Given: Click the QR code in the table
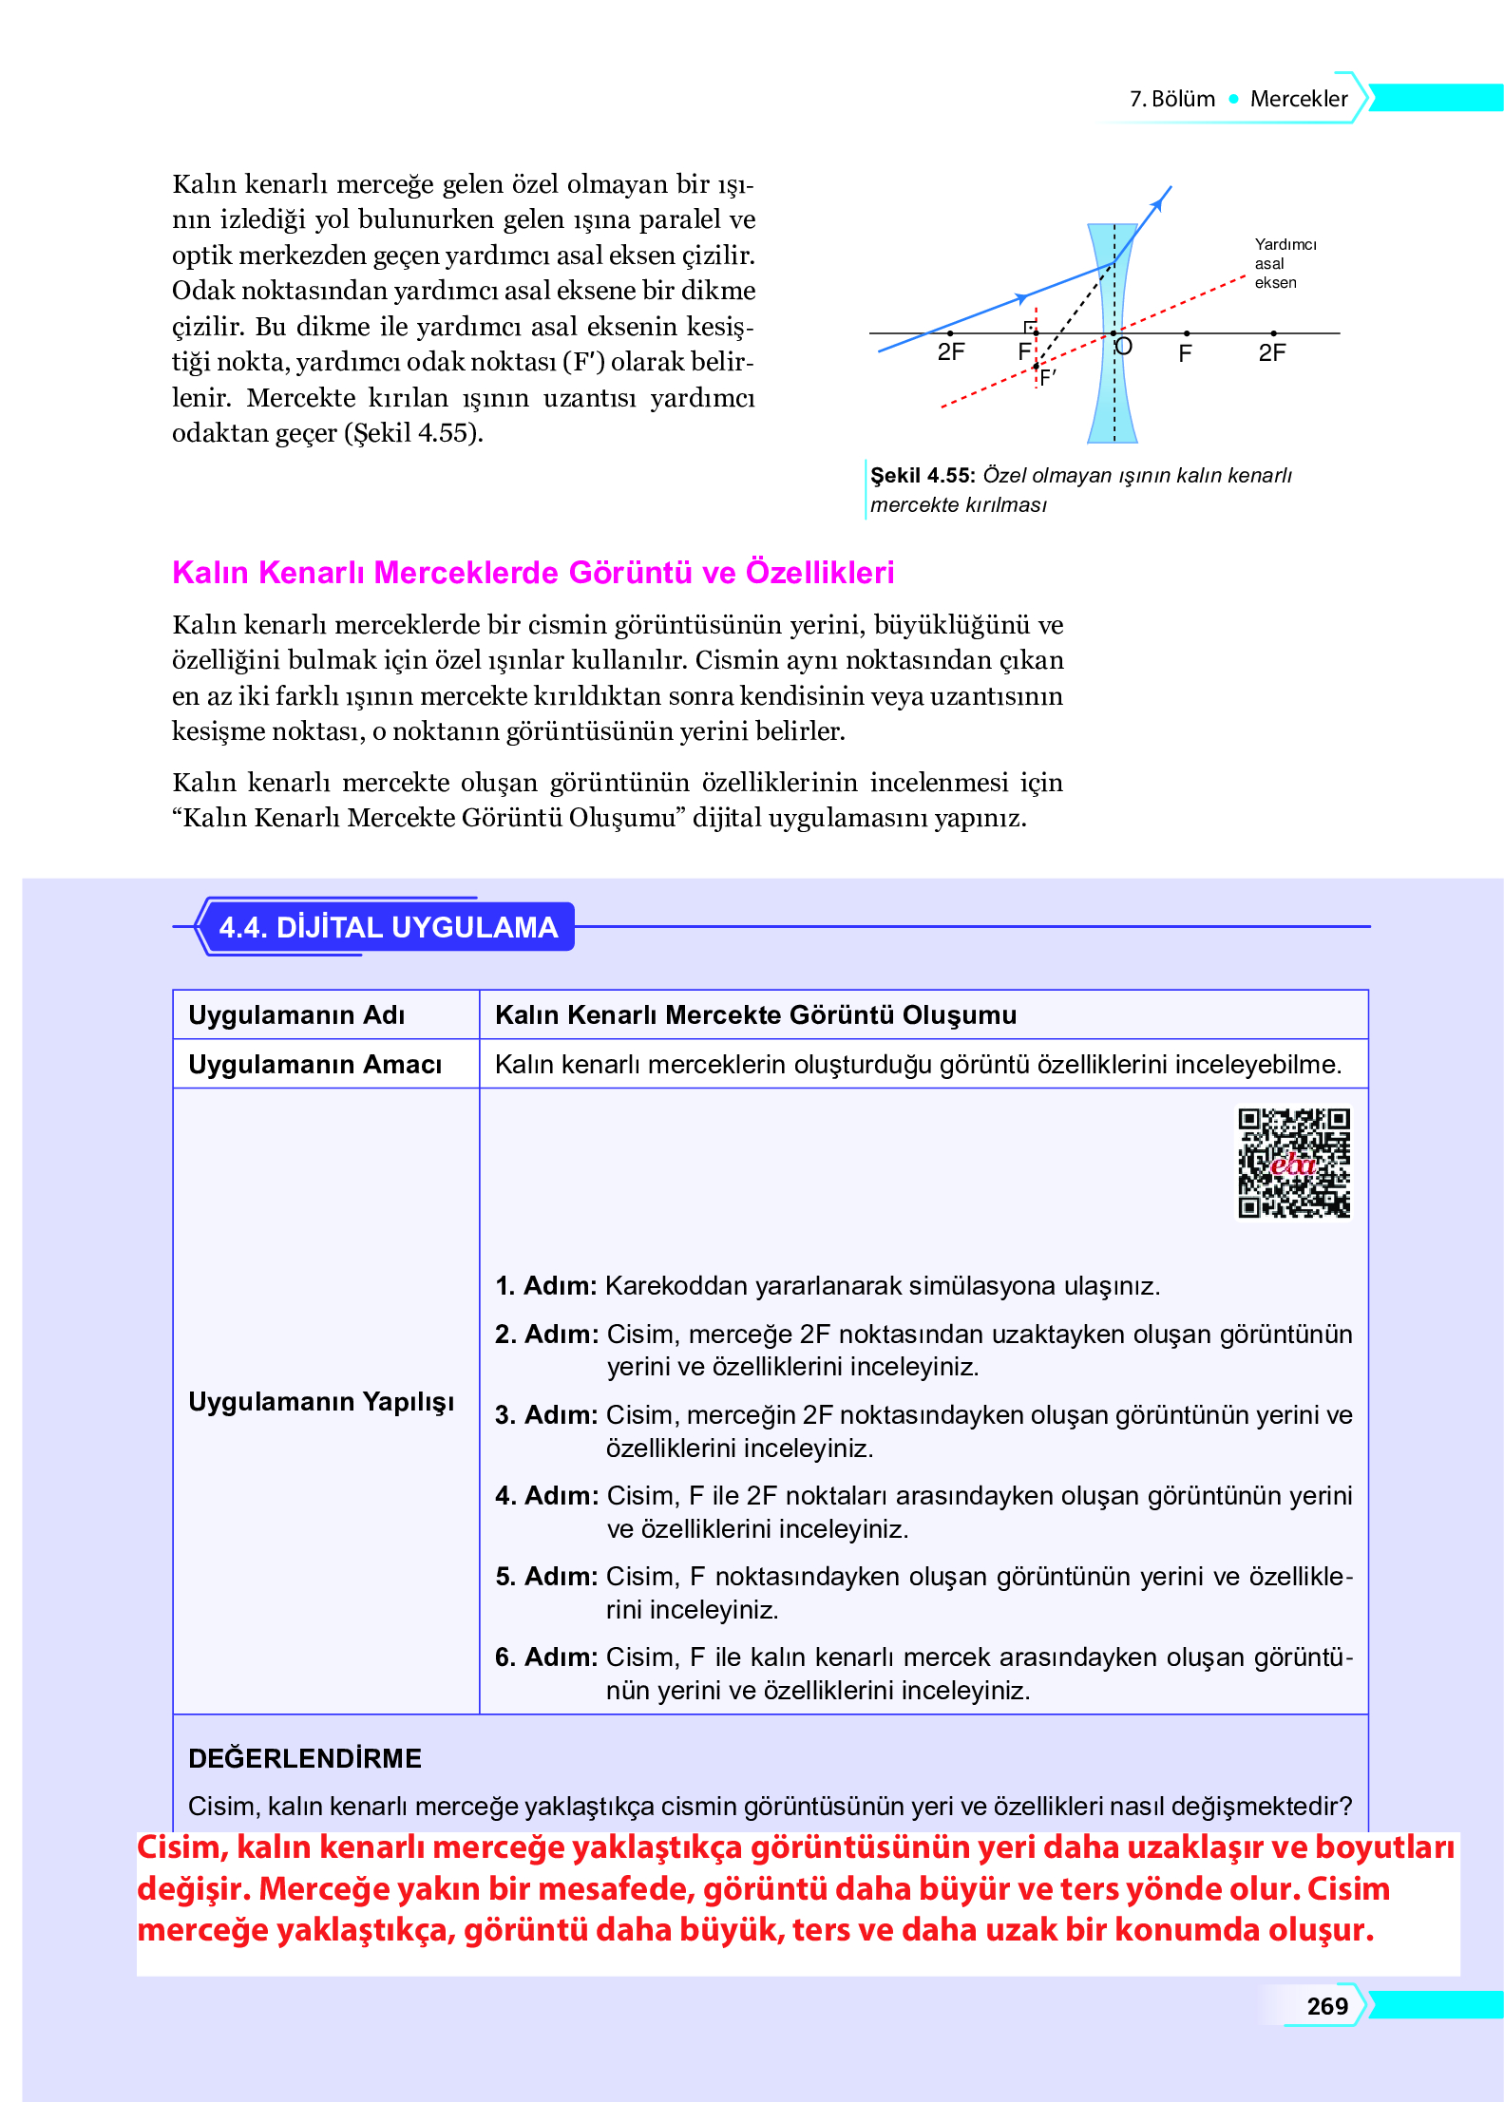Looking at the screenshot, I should click(1293, 1163).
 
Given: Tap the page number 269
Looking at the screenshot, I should click(1326, 2006).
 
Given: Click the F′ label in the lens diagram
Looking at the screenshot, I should click(1048, 378).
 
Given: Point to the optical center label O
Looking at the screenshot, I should click(1124, 347).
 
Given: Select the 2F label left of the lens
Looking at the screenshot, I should click(950, 352).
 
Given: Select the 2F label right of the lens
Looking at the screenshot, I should click(1271, 353).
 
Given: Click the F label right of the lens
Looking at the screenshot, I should click(1185, 354).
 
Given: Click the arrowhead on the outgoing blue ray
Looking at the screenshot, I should click(1157, 201).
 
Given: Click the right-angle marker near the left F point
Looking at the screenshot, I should click(1029, 327).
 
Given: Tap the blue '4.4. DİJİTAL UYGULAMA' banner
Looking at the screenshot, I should click(388, 927).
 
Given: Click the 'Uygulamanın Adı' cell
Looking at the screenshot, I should click(296, 1015).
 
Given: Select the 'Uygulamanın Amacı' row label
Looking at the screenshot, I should click(314, 1065).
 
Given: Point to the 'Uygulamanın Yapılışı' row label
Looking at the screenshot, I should click(321, 1402).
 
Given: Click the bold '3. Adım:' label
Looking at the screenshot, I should click(545, 1415).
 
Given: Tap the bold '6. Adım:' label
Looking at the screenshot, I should click(545, 1657).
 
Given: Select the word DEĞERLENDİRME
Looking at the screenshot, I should click(304, 1758).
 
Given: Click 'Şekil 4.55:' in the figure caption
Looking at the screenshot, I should click(923, 476).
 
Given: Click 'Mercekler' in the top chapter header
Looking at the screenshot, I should click(1298, 99).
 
